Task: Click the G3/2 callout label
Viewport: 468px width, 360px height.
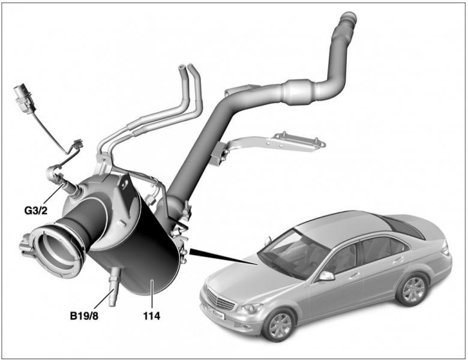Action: point(36,211)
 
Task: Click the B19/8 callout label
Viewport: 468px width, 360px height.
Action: point(84,316)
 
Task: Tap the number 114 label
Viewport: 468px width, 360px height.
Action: point(152,316)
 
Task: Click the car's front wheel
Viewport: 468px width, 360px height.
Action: point(279,325)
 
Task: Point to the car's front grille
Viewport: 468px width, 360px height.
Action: point(221,300)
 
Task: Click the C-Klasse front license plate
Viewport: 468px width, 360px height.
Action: point(215,312)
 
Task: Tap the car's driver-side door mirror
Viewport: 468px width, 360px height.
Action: point(326,276)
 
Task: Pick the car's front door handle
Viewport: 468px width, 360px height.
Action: point(354,276)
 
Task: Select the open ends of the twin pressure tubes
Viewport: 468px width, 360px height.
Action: point(187,69)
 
